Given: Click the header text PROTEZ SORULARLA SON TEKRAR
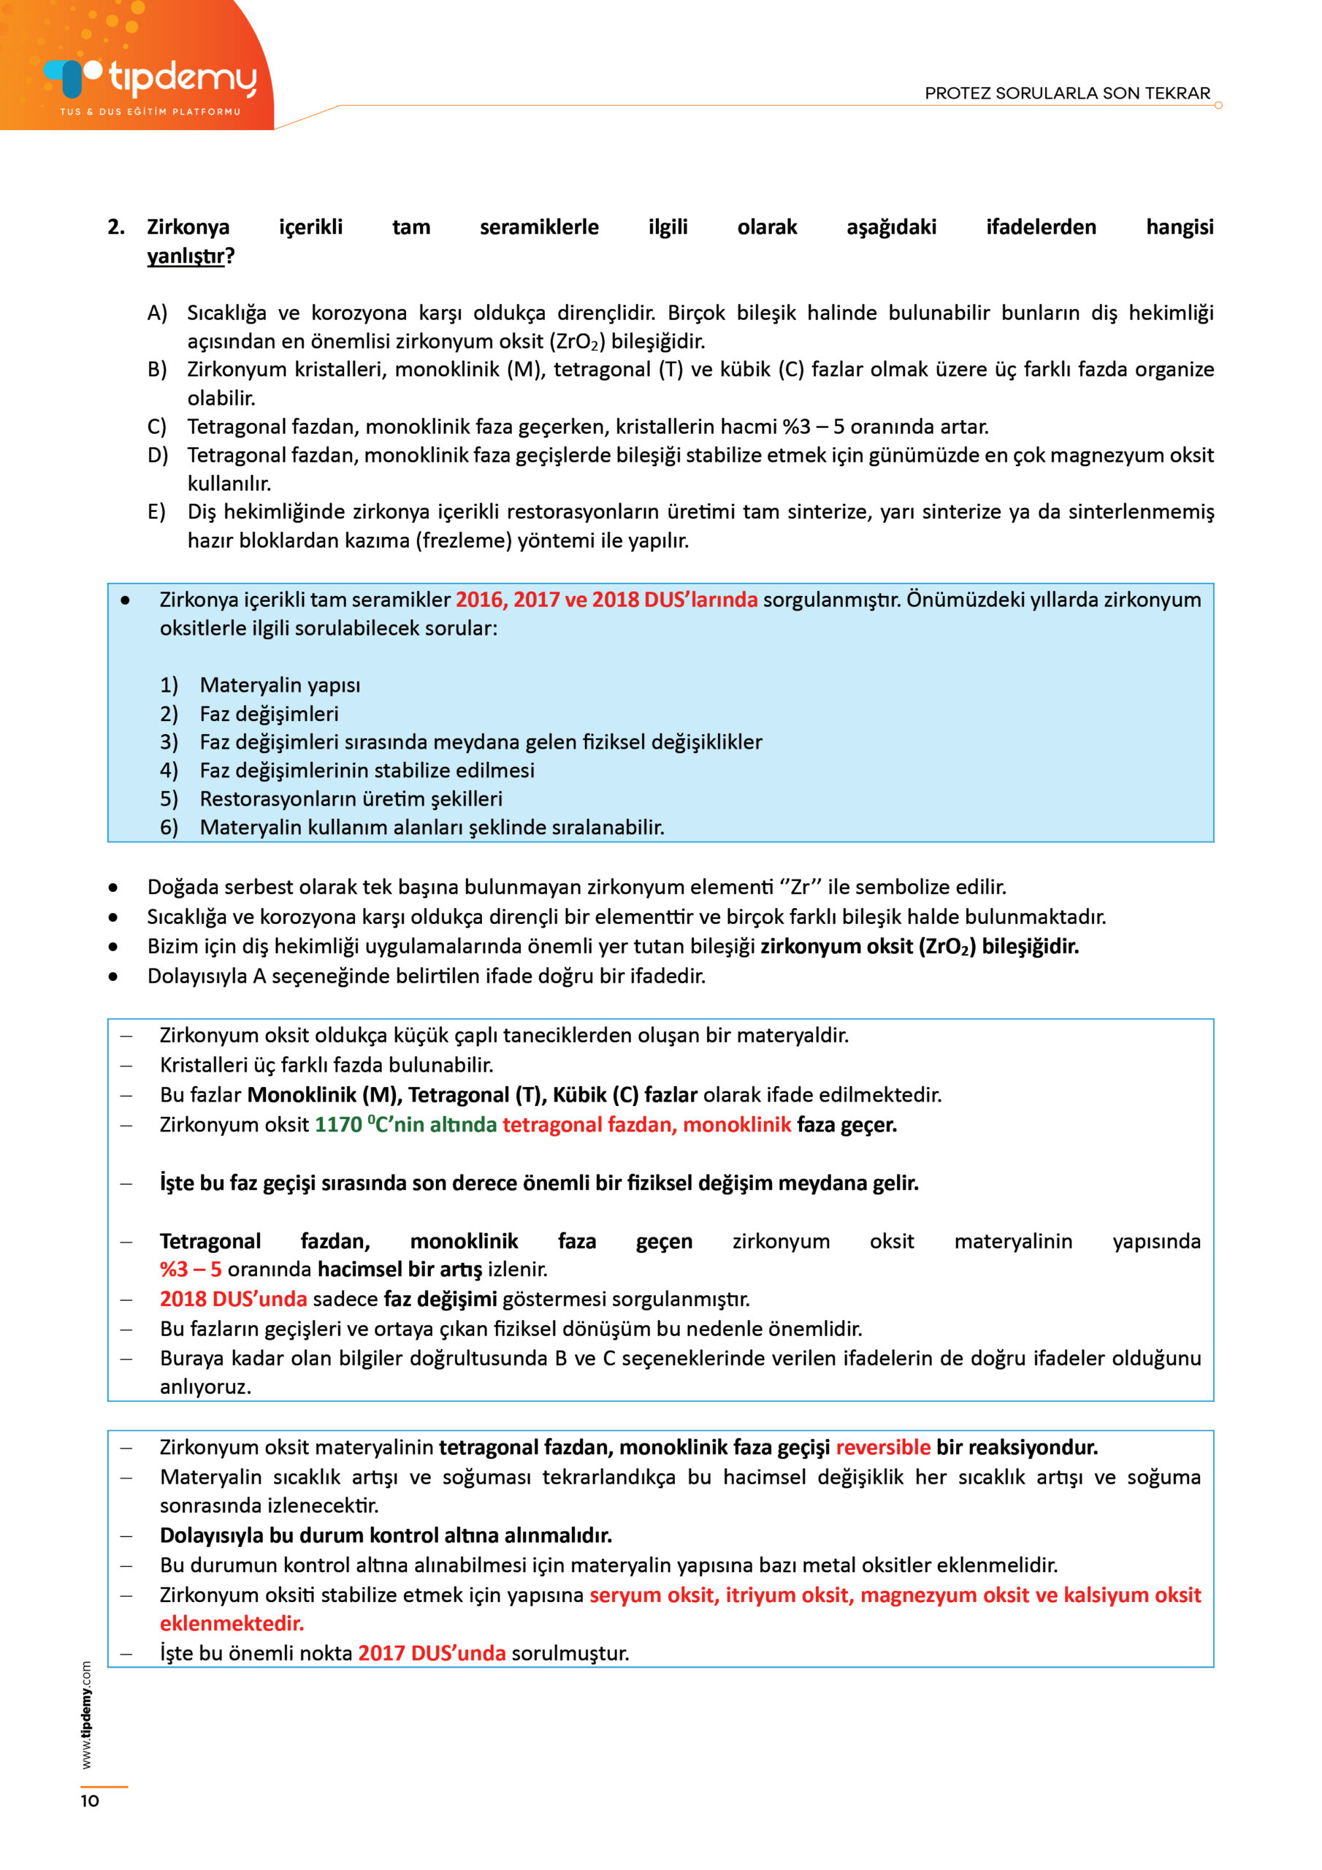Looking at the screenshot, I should tap(1067, 93).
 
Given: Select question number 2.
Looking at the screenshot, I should tap(115, 227).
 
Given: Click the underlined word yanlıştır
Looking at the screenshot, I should tap(186, 256).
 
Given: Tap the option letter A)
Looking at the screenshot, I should tap(157, 313).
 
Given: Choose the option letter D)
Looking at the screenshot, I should tap(157, 454).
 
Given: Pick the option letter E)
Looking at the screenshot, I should tap(156, 511).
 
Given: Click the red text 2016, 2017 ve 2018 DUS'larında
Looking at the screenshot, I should tap(606, 600).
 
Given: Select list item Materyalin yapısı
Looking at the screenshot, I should tap(280, 685).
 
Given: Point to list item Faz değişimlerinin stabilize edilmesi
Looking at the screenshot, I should tap(367, 770).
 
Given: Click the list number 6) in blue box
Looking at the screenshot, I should tap(169, 827).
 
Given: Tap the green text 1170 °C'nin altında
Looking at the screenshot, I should tap(405, 1124).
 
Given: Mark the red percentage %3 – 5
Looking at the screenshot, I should tap(191, 1269).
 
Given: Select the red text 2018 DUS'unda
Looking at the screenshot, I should tap(233, 1298).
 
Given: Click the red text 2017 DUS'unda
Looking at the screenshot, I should tap(432, 1652).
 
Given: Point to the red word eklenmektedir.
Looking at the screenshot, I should tap(232, 1623).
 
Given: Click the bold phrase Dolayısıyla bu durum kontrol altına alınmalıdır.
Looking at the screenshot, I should tap(385, 1535).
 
